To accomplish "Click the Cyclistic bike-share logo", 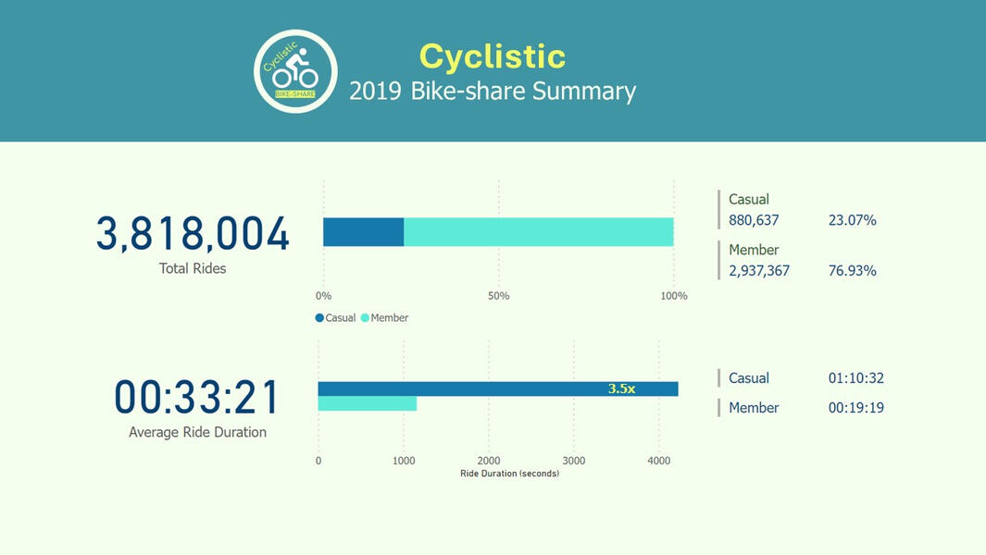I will pyautogui.click(x=295, y=71).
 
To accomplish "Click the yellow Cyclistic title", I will pyautogui.click(x=492, y=56).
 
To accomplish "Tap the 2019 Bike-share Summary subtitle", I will pyautogui.click(x=492, y=92).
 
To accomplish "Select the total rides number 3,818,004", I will pyautogui.click(x=193, y=234).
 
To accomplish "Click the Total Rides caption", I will pyautogui.click(x=193, y=268).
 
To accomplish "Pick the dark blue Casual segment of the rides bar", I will pyautogui.click(x=363, y=232).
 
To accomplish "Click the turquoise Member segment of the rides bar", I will pyautogui.click(x=538, y=232).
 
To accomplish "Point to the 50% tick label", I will pyautogui.click(x=498, y=296).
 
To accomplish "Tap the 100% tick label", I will pyautogui.click(x=673, y=296).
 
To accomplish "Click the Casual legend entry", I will pyautogui.click(x=336, y=318).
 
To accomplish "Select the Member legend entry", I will pyautogui.click(x=384, y=318).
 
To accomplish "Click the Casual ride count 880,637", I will pyautogui.click(x=754, y=220).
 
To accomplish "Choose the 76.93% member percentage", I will pyautogui.click(x=852, y=271).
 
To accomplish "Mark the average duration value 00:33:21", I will pyautogui.click(x=197, y=398).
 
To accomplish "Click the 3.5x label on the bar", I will pyautogui.click(x=621, y=389).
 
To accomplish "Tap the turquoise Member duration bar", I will pyautogui.click(x=367, y=404).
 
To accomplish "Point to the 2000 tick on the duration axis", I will pyautogui.click(x=488, y=461).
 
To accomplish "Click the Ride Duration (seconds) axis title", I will pyautogui.click(x=509, y=474).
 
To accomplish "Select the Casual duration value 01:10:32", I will pyautogui.click(x=855, y=378).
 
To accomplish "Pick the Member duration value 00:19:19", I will pyautogui.click(x=855, y=408).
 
